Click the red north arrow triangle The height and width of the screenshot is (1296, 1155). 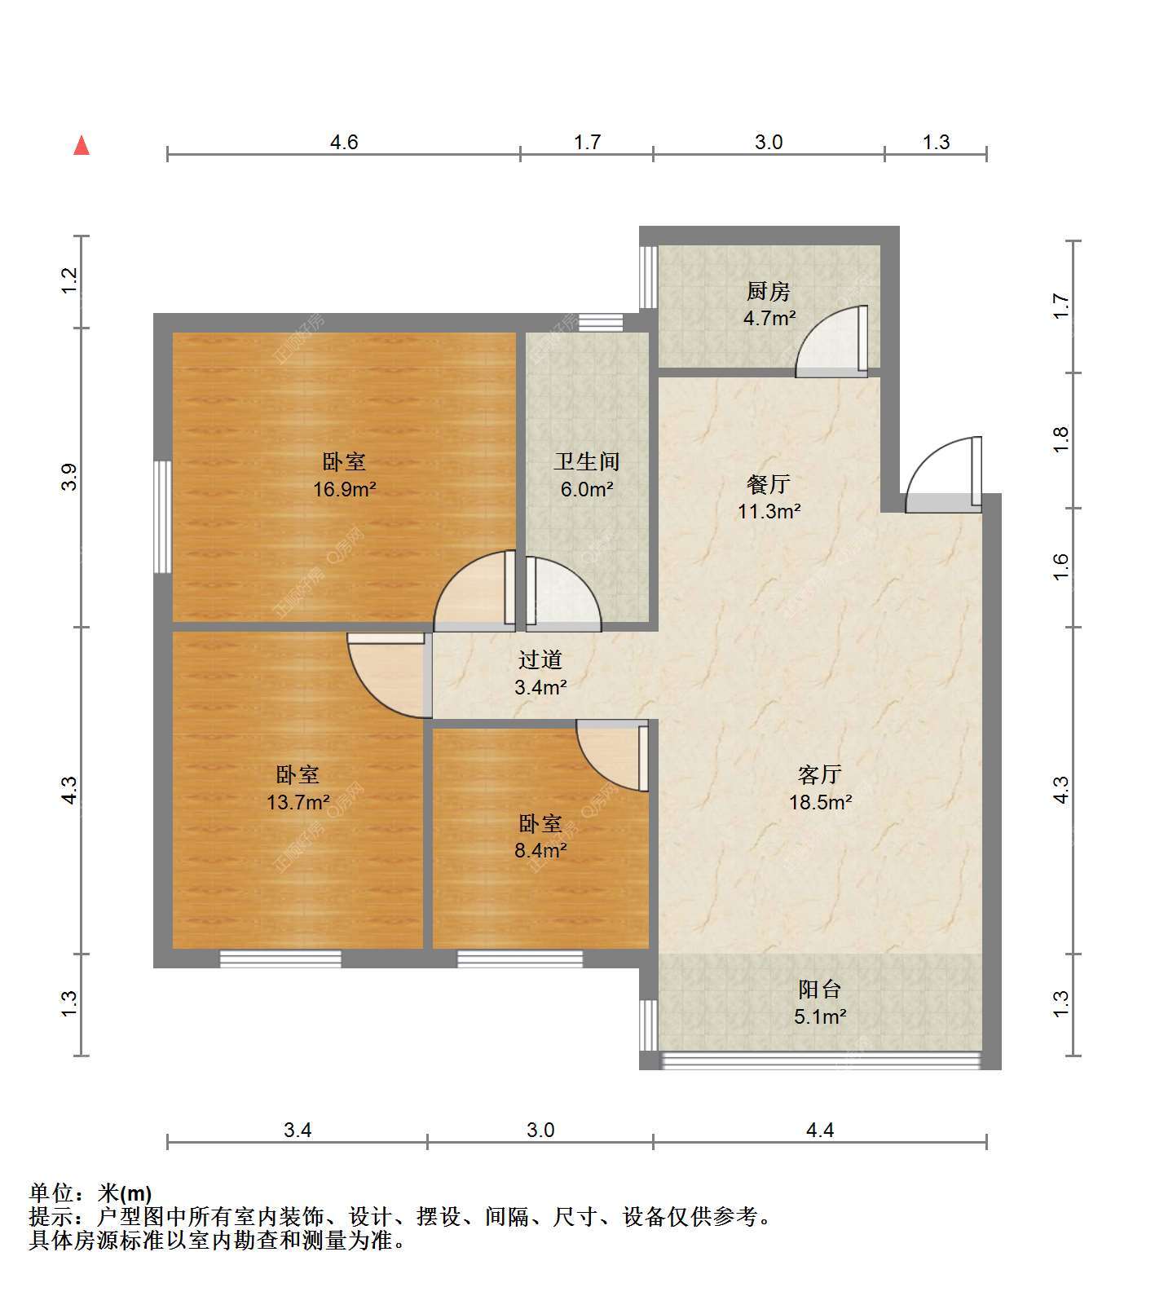[x=82, y=145]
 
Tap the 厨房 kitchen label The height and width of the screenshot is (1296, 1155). [x=769, y=291]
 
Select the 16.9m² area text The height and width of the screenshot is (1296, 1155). [x=344, y=489]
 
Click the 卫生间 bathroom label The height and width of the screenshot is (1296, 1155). [x=587, y=462]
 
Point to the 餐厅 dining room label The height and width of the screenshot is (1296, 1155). [x=769, y=484]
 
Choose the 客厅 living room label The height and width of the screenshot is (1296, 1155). [x=820, y=774]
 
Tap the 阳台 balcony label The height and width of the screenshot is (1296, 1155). [x=820, y=990]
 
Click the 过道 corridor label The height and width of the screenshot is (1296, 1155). [x=540, y=659]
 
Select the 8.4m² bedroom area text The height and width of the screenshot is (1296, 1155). [x=540, y=850]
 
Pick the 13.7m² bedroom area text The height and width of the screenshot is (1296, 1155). [x=298, y=802]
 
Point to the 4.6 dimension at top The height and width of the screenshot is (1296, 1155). [x=344, y=143]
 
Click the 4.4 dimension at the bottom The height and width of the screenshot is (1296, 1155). [x=820, y=1130]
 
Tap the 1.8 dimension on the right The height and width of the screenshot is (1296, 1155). [x=1060, y=440]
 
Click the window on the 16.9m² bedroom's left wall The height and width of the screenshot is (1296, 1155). [x=163, y=517]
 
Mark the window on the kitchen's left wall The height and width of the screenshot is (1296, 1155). [x=648, y=276]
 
